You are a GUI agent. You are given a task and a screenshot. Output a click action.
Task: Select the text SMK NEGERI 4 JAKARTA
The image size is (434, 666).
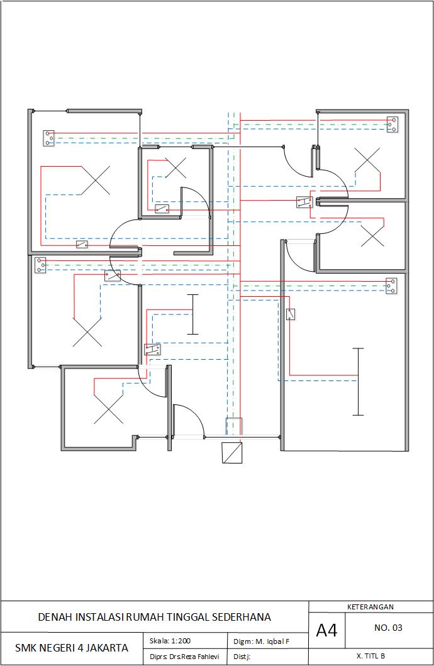72,648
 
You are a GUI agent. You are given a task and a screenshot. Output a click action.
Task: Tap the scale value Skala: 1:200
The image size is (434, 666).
170,641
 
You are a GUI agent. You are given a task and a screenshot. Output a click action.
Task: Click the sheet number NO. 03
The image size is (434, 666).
388,628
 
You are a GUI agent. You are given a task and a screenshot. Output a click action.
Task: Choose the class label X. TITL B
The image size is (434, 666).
370,656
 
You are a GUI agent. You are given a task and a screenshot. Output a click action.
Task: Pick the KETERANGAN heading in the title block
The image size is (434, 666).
370,607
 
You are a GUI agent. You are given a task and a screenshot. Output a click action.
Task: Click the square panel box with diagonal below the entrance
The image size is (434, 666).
232,453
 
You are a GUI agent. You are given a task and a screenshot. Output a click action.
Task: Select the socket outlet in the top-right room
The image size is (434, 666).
394,125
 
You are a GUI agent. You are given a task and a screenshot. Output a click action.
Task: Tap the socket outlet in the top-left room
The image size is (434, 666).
48,138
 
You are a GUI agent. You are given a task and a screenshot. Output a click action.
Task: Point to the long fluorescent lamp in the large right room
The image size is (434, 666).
358,381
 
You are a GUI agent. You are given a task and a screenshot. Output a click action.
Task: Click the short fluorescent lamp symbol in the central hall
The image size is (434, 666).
193,314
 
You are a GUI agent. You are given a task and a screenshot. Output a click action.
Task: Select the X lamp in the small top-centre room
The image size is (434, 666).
175,168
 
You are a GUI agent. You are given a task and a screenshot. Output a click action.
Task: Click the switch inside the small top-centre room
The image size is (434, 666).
162,209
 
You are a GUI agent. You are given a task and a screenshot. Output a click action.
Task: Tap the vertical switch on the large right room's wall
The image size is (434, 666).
291,314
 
